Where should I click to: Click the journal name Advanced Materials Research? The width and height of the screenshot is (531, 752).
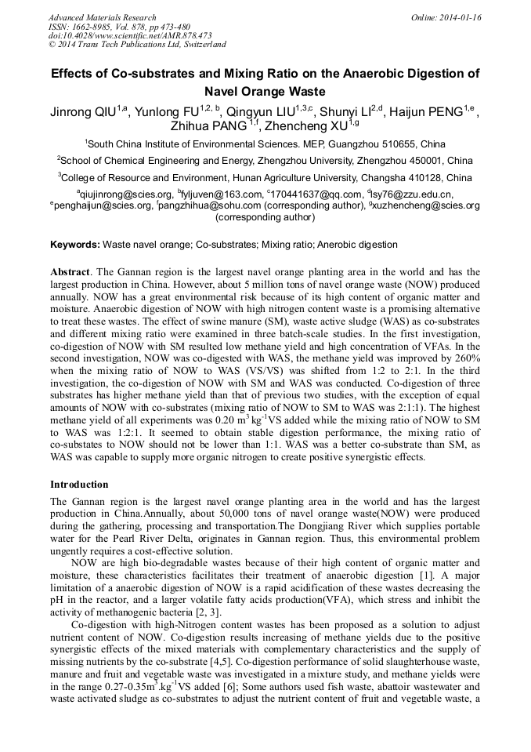102,17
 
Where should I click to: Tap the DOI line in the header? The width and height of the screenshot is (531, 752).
130,36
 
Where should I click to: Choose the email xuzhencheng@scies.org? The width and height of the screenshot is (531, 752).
426,205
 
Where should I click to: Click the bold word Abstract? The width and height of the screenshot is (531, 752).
70,270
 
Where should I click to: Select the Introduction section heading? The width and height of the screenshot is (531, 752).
81,485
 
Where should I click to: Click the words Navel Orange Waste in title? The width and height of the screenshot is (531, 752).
265,91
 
